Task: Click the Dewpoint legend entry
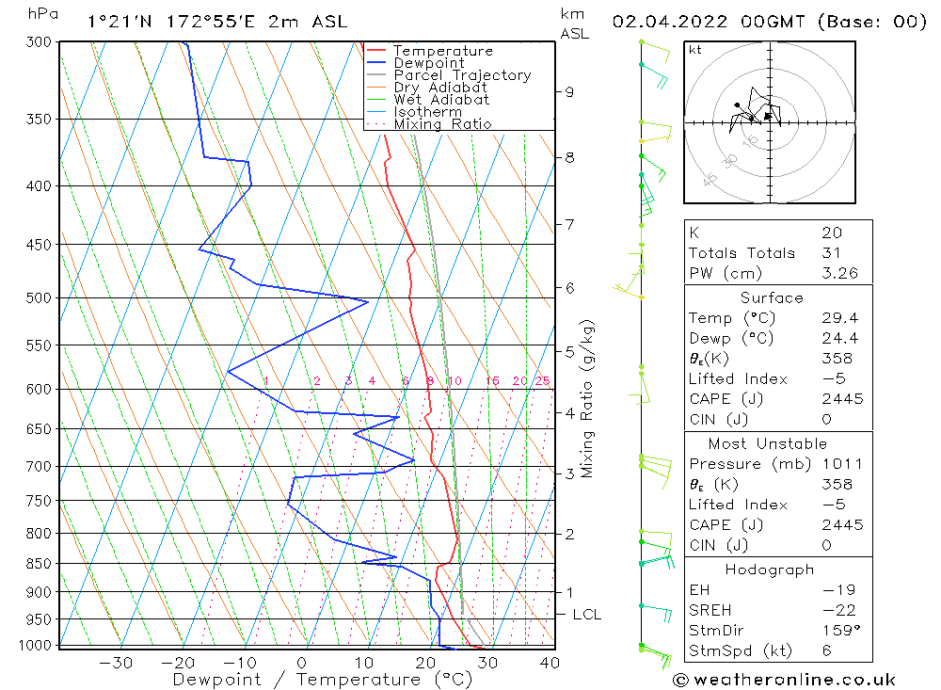coord(428,63)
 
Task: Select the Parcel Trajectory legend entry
coord(462,75)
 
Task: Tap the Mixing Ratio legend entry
coord(442,123)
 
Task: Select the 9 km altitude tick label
coord(568,92)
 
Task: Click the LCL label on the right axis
coord(586,615)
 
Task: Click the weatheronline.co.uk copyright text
coord(784,679)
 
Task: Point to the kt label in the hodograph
coord(694,50)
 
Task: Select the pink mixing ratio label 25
coord(542,381)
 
